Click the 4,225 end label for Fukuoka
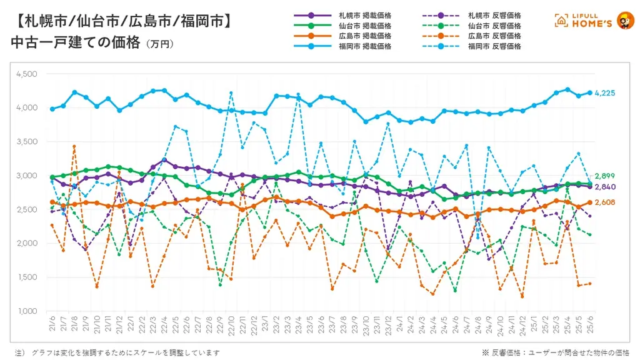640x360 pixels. [x=606, y=93]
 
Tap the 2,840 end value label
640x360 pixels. [x=606, y=186]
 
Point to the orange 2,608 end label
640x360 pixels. [x=606, y=202]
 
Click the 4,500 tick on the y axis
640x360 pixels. [x=26, y=74]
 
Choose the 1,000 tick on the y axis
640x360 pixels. [x=26, y=311]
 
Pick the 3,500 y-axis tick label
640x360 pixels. [x=26, y=141]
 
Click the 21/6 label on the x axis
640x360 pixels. [x=52, y=324]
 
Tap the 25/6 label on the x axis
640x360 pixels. [x=589, y=324]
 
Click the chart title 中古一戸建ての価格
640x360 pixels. [x=74, y=43]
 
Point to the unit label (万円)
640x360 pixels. [x=159, y=44]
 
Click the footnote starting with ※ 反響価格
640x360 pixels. [x=556, y=352]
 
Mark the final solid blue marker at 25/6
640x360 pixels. [x=589, y=92]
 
